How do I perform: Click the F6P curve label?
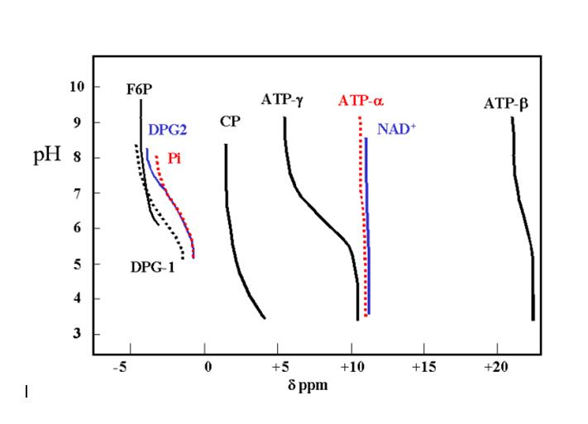[138, 89]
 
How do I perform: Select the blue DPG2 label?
[168, 130]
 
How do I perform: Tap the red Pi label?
[174, 157]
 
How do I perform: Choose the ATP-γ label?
[282, 100]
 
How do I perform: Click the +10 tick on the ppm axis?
[351, 366]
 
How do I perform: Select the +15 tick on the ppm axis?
[423, 366]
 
